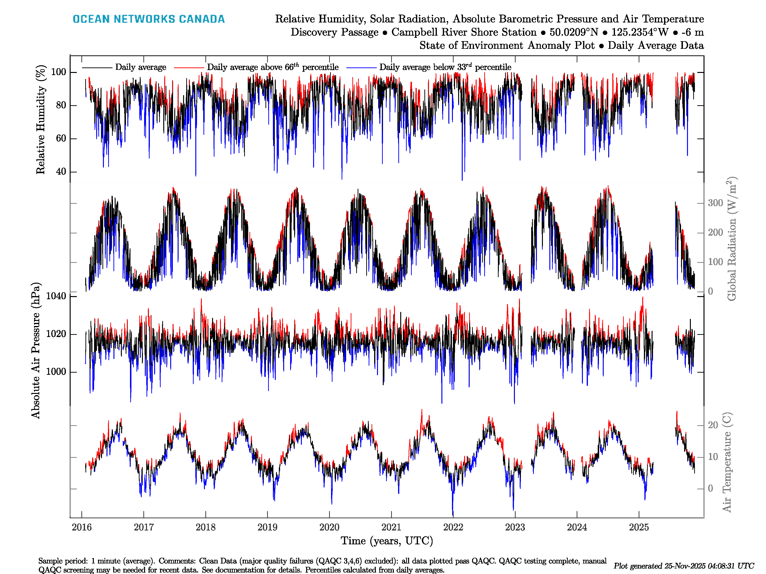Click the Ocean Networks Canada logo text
[149, 19]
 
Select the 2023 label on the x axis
[515, 527]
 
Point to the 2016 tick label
[82, 527]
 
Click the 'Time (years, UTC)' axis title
[387, 541]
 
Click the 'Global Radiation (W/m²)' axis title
[731, 239]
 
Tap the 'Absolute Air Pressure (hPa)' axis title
[36, 350]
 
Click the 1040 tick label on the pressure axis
[56, 296]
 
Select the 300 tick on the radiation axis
[715, 203]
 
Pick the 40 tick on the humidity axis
[61, 172]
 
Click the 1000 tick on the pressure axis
[56, 372]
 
